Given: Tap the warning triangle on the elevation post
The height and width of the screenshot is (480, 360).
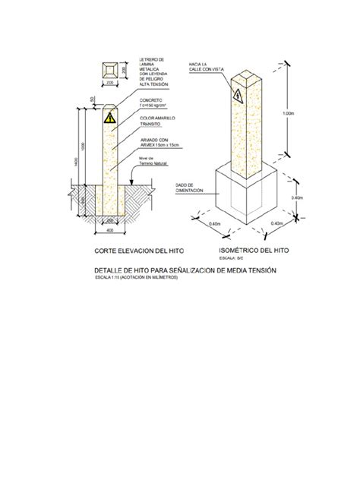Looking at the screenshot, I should (111, 119).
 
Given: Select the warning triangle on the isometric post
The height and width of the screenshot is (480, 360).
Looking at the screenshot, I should (238, 96).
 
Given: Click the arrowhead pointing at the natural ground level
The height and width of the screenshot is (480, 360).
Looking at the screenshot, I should (134, 182).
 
